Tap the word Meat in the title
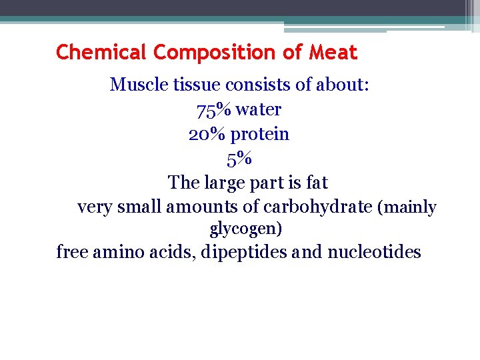click(333, 52)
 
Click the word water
click(258, 109)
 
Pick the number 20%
click(207, 134)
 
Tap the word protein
click(259, 135)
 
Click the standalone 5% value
click(239, 159)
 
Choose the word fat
click(317, 182)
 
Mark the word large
click(227, 183)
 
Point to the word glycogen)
click(246, 229)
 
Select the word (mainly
click(407, 207)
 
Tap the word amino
click(125, 253)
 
